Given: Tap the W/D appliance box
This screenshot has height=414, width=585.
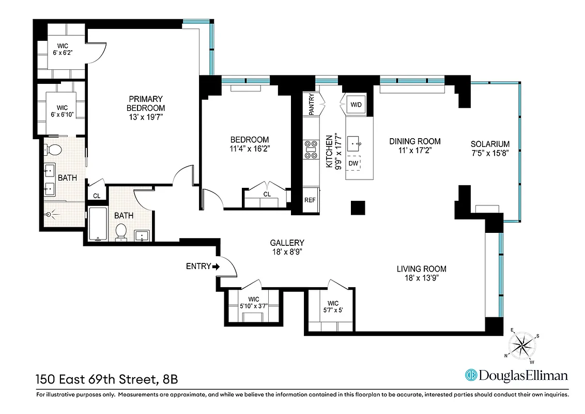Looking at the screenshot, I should tap(356, 105).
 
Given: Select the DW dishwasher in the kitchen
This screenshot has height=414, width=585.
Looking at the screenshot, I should tap(353, 163).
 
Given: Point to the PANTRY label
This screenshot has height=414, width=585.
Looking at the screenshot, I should tap(312, 103).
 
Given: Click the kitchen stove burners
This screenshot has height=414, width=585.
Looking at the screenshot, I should tap(312, 149).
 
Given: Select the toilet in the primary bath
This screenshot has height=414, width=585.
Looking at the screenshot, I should tap(53, 150).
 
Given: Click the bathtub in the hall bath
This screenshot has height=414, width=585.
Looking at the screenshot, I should tap(98, 224).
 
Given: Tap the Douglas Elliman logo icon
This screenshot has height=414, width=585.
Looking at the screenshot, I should tap(471, 375).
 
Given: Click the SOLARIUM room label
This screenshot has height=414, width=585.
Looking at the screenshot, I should tap(490, 144).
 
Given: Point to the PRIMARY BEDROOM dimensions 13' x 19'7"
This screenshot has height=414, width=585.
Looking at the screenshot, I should tap(146, 117).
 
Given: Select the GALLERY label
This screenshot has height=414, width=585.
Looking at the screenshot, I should tap(287, 243).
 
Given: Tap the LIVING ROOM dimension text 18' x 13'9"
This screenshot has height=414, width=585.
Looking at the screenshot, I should tap(421, 278).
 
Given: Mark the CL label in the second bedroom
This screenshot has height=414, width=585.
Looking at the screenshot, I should tap(267, 195).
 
